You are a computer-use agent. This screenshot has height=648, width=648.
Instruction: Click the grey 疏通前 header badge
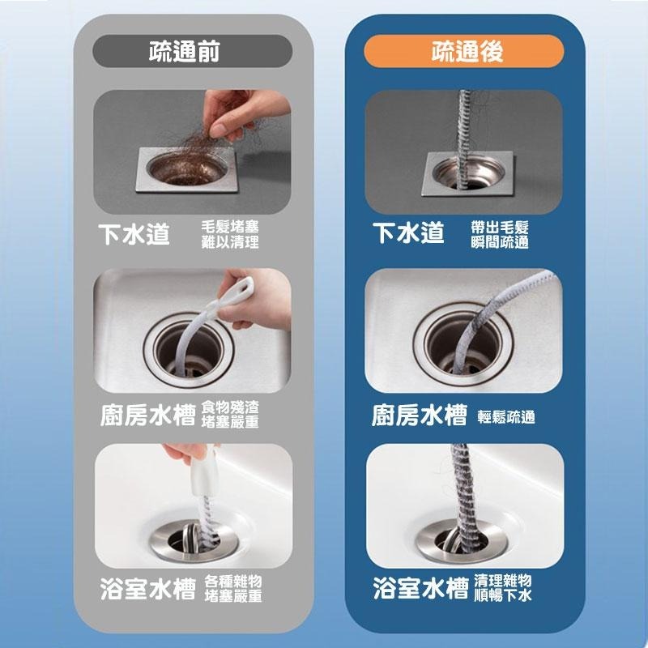click(192, 51)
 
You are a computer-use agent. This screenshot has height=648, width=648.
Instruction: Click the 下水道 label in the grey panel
click(134, 235)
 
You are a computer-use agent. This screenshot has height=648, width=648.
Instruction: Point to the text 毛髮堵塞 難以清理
click(230, 234)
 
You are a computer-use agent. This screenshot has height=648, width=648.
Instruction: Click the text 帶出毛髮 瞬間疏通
click(500, 235)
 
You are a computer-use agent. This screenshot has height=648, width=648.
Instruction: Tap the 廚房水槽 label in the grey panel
click(147, 416)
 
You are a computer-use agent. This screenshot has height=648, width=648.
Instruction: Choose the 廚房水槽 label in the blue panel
click(420, 416)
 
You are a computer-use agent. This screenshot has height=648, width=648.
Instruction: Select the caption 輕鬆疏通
click(506, 417)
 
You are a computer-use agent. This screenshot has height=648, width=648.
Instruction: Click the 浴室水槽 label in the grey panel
click(147, 589)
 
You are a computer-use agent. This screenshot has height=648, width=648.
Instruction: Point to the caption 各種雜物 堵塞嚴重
click(233, 589)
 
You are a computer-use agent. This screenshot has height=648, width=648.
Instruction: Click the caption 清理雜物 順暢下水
click(503, 588)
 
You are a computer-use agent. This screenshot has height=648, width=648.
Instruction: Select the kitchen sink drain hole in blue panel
click(460, 347)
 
